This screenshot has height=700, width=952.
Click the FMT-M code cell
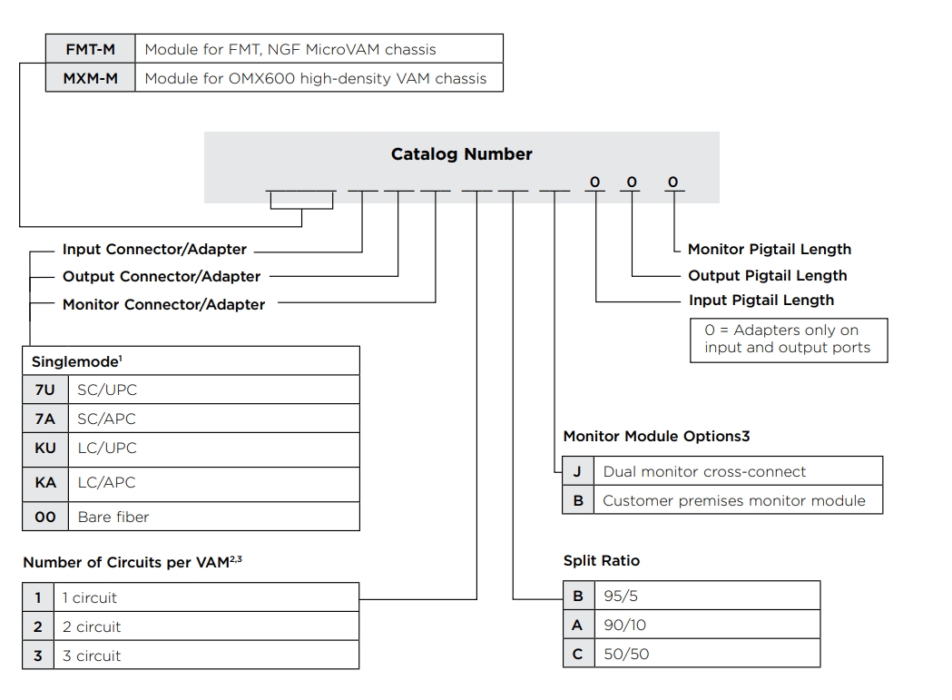[91, 49]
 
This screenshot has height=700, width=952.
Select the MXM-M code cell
[91, 78]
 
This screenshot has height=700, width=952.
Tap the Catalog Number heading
[461, 153]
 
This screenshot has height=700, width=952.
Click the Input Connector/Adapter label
[154, 249]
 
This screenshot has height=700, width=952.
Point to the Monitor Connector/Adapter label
[164, 304]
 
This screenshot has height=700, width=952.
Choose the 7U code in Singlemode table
[45, 389]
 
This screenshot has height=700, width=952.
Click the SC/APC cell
[213, 419]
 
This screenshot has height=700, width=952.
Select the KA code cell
[45, 482]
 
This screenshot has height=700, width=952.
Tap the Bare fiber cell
[213, 518]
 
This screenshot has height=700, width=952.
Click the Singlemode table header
[191, 361]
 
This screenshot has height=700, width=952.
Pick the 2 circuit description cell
[206, 626]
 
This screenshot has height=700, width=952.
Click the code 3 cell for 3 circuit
[38, 656]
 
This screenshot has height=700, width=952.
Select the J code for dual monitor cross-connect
[578, 471]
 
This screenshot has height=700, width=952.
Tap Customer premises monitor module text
[734, 500]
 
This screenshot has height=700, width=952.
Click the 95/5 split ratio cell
[707, 596]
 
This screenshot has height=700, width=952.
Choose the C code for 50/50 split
[579, 654]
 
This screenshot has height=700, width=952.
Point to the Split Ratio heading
[602, 560]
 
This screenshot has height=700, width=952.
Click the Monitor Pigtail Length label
[770, 249]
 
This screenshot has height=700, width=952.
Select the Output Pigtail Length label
[768, 275]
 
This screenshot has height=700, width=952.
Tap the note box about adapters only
[789, 340]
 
